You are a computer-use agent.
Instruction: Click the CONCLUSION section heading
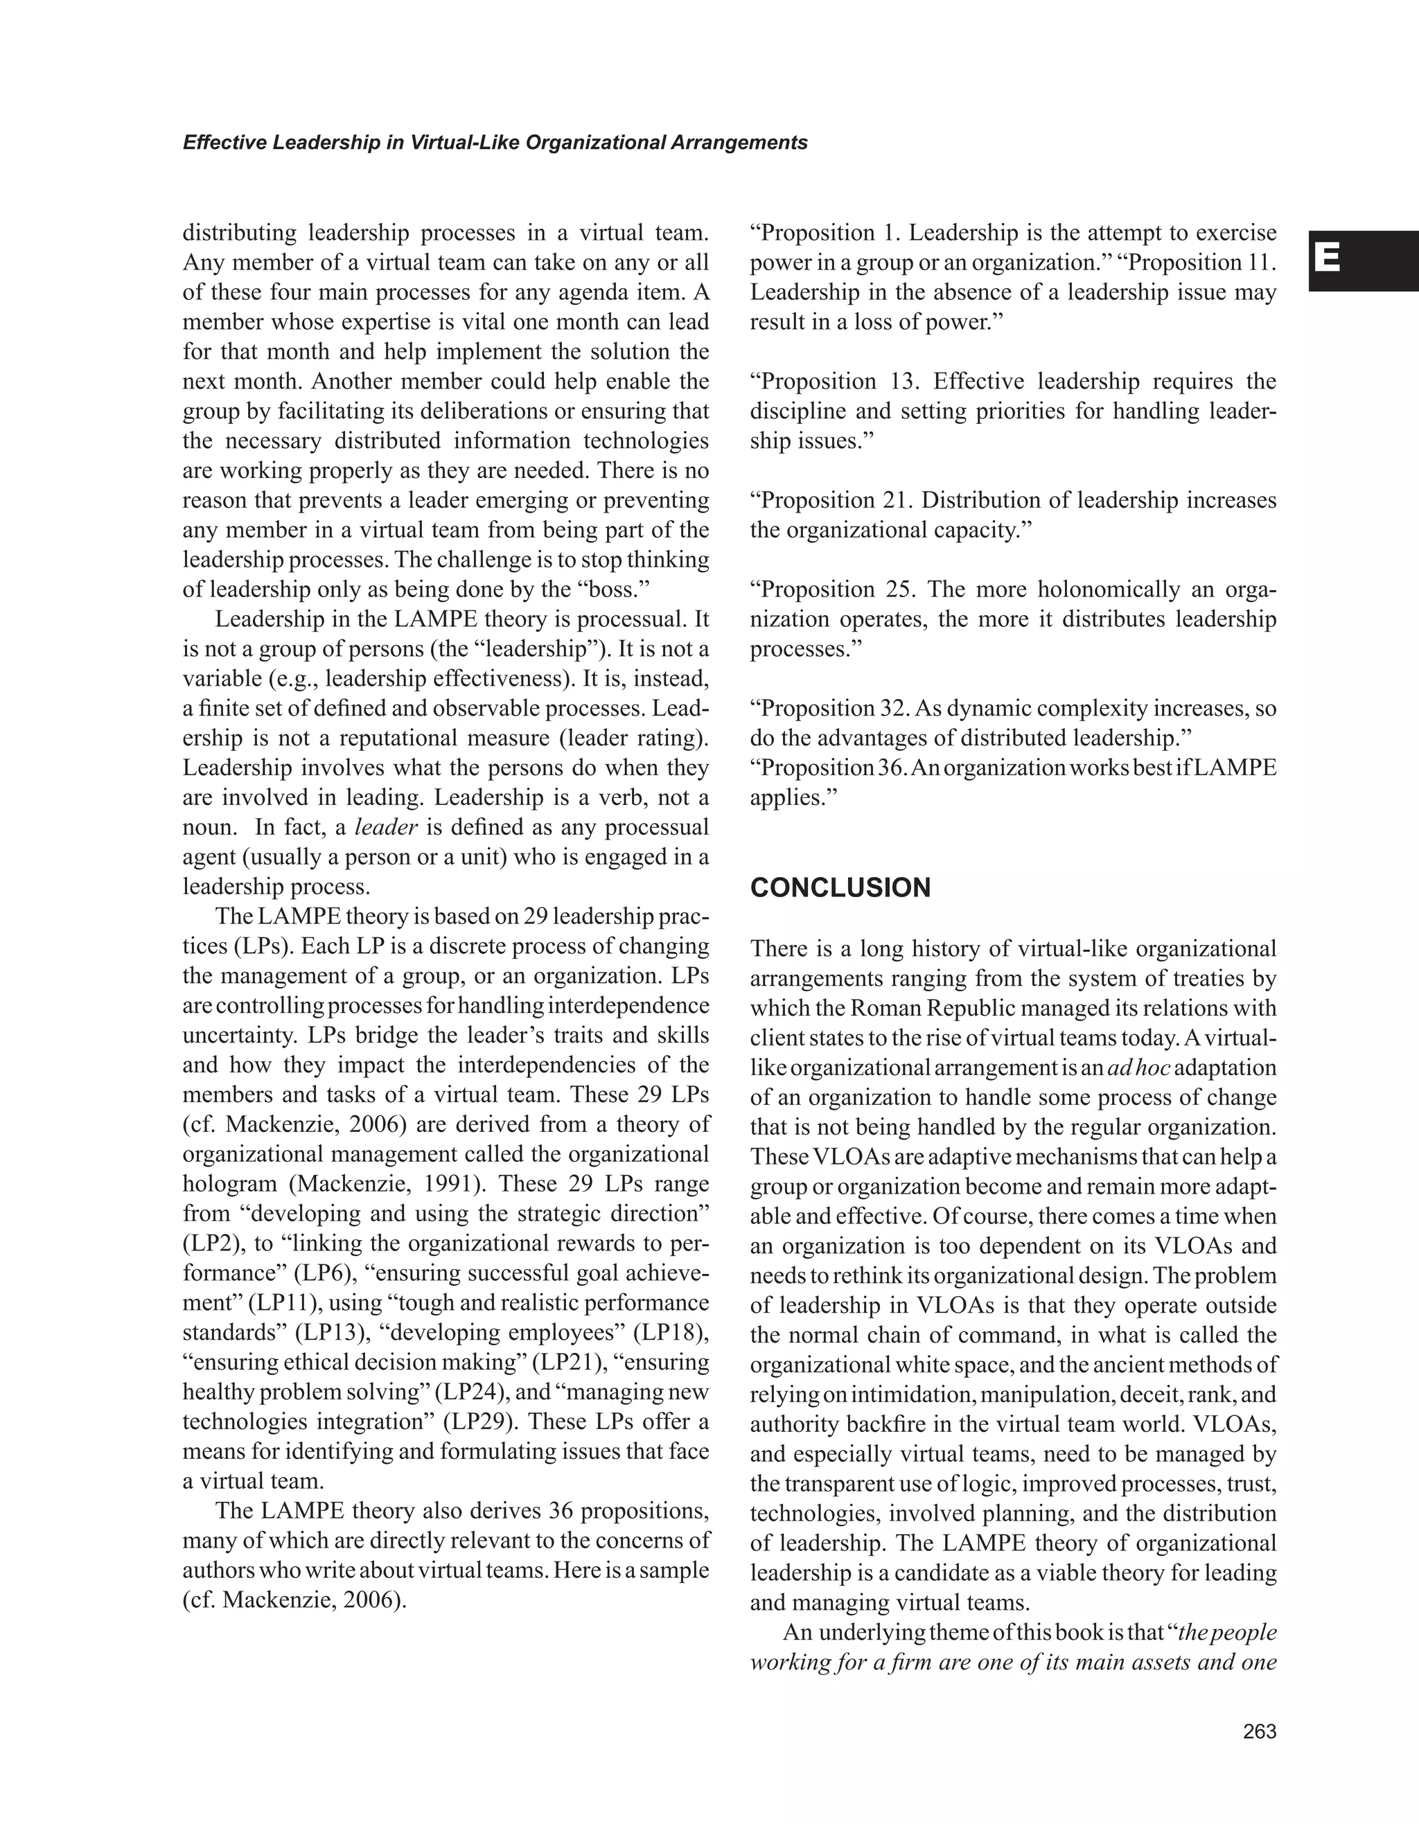[x=840, y=888]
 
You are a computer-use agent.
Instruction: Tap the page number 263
[x=1260, y=1732]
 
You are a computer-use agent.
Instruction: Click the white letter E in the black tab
[x=1327, y=260]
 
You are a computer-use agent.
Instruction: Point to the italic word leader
[x=386, y=827]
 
